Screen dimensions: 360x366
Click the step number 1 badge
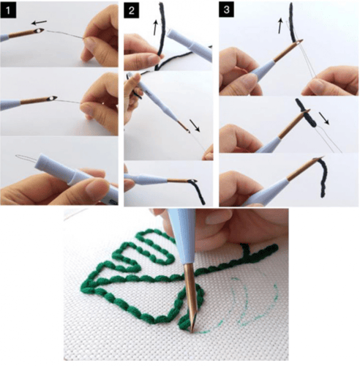point(8,10)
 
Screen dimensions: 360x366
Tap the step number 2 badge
point(132,10)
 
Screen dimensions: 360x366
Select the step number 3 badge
point(227,10)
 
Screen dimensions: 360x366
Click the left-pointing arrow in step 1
point(39,23)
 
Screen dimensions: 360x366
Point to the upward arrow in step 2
point(155,28)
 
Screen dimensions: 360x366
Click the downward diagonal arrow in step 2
point(195,126)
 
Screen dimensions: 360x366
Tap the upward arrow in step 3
point(281,26)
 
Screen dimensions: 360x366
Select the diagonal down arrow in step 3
point(324,119)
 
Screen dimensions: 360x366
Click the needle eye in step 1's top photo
point(40,31)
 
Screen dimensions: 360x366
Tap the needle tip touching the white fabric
point(192,331)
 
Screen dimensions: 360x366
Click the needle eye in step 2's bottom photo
point(193,181)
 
